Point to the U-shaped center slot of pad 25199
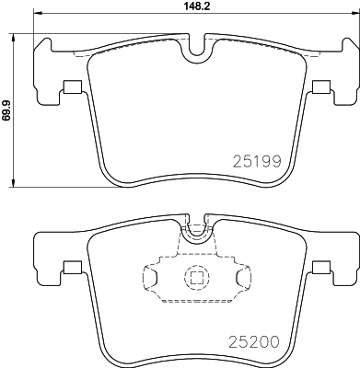coord(194,52)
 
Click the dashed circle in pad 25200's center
coord(194,277)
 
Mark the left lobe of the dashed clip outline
coord(152,276)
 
